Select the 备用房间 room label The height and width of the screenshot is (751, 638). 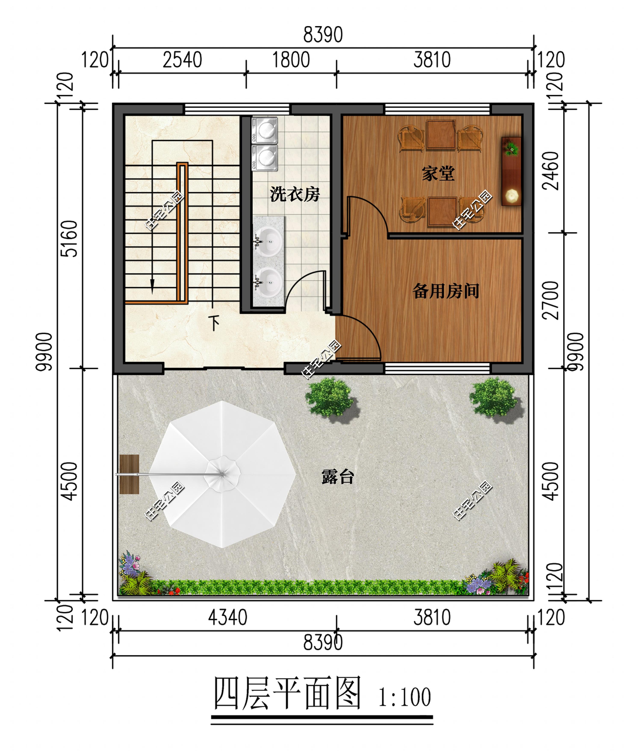coord(446,291)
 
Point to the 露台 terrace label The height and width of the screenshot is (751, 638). coord(337,477)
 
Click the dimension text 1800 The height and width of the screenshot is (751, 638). coord(291,60)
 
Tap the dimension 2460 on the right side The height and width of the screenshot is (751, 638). coord(550,171)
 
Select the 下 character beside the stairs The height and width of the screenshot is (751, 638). coord(214,323)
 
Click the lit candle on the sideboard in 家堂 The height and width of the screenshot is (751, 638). coord(512,196)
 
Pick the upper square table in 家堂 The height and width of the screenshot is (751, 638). coord(441,135)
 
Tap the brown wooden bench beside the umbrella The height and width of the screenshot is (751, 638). coord(129,474)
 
